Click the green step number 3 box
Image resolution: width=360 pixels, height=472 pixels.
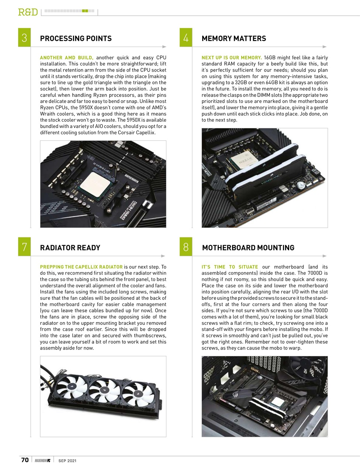24,38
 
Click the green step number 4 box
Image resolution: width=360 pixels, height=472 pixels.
186,38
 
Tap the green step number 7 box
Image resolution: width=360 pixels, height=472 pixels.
24,247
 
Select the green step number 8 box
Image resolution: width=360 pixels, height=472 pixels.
186,247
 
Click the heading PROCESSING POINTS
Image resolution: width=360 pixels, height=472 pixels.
76,38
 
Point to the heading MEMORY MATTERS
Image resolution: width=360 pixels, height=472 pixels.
233,38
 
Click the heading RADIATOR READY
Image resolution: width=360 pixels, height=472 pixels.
70,247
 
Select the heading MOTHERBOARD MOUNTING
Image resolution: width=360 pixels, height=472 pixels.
248,247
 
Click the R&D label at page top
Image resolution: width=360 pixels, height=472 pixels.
28,12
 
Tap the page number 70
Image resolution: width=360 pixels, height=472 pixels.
25,460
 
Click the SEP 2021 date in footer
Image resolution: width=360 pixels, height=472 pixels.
67,460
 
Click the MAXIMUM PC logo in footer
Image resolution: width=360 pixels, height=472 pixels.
43,460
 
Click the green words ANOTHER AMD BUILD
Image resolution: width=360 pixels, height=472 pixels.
67,58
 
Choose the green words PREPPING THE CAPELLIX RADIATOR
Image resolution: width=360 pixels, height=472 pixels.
81,267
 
